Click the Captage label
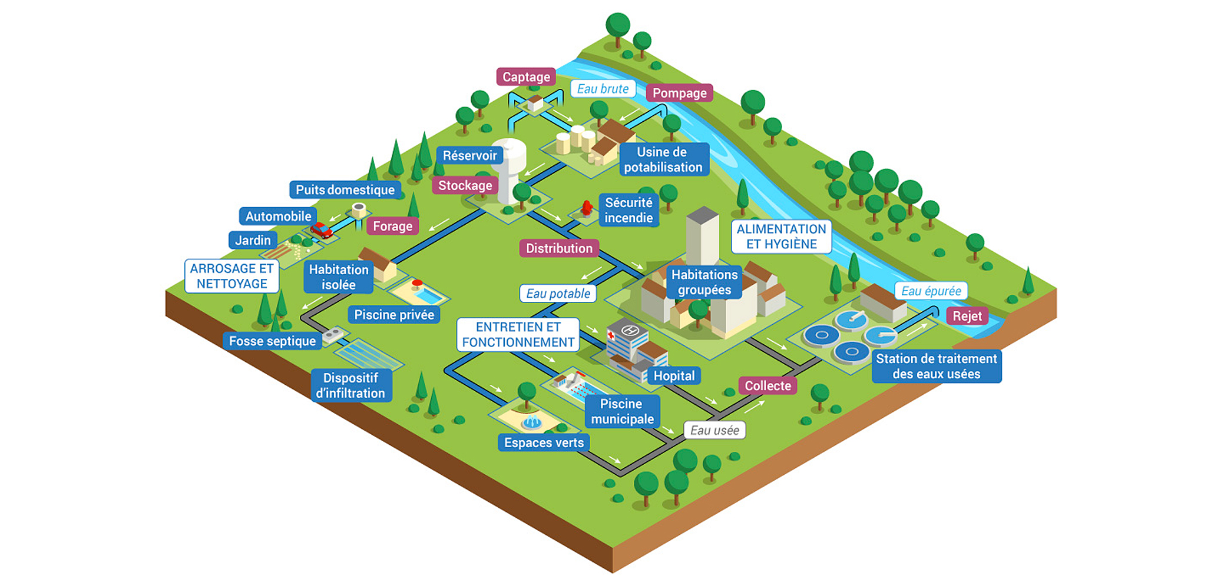click(x=526, y=77)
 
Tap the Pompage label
click(x=679, y=93)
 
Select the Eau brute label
click(x=603, y=89)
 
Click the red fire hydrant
click(x=586, y=208)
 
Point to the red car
click(x=321, y=229)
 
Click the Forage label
click(x=392, y=226)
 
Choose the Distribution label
click(x=559, y=248)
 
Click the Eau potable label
click(x=558, y=294)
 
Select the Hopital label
click(x=674, y=375)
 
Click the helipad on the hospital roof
click(x=630, y=331)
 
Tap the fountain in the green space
click(x=532, y=421)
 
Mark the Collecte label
click(x=768, y=386)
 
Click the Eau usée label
click(x=714, y=430)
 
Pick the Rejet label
click(x=967, y=316)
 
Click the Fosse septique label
click(x=272, y=341)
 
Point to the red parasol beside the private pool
click(x=418, y=284)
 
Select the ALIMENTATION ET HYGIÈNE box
click(x=781, y=237)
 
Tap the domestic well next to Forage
click(x=359, y=209)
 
